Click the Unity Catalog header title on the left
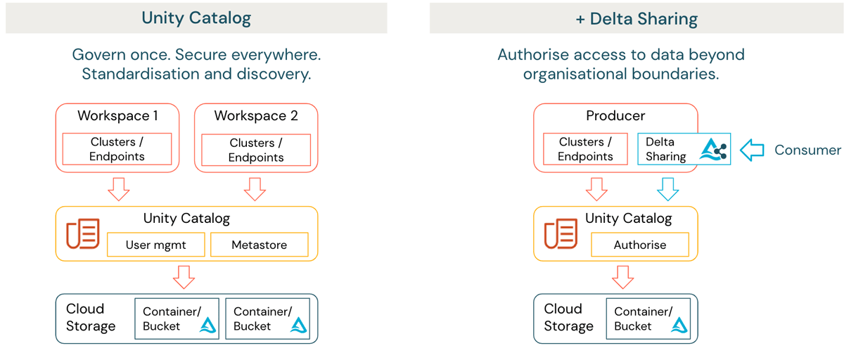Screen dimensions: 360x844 point(196,18)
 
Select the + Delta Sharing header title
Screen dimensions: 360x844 point(637,18)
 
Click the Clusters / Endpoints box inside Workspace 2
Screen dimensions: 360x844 point(256,150)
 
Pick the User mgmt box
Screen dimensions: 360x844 point(155,245)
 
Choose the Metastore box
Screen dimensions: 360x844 point(259,245)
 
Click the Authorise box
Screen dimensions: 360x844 point(639,245)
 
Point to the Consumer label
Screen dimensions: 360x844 point(807,150)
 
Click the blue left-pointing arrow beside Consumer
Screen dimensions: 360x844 point(753,150)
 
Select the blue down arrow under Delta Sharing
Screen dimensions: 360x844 point(667,188)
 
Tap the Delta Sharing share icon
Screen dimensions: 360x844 point(714,149)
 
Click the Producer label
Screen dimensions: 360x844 point(615,115)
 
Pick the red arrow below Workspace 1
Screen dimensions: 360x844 point(118,188)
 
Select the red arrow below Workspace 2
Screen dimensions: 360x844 point(254,188)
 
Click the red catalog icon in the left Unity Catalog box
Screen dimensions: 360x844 point(82,233)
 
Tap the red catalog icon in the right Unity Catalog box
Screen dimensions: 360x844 point(561,233)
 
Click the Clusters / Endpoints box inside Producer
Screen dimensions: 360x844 point(585,149)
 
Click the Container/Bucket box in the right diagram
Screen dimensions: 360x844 point(648,319)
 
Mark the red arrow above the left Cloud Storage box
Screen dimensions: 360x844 point(184,276)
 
